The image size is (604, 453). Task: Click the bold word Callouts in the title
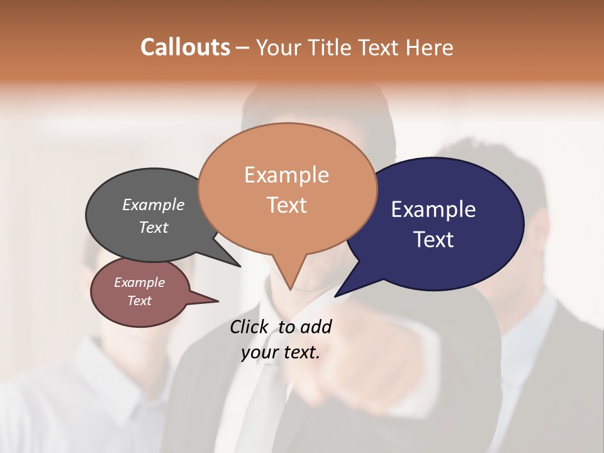(185, 47)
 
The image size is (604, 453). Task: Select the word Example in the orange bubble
(286, 175)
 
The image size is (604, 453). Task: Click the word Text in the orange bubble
(286, 205)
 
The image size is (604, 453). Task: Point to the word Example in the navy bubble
(433, 210)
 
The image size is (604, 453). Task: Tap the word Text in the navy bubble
(433, 240)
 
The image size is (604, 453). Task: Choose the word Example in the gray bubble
(153, 204)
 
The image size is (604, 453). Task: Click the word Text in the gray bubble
(153, 227)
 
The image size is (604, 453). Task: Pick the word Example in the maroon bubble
(139, 282)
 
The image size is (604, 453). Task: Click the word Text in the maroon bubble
(139, 301)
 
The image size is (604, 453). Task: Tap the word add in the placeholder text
(316, 327)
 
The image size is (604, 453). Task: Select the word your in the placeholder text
(259, 352)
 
